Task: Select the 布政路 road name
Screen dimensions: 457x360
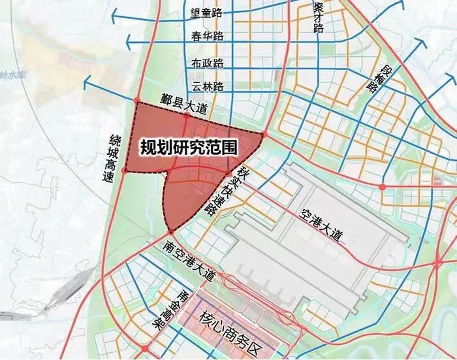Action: click(x=208, y=63)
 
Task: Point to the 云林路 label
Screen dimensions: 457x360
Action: click(x=208, y=86)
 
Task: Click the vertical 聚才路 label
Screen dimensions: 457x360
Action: click(x=319, y=18)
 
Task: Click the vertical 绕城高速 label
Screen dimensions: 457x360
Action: click(x=116, y=159)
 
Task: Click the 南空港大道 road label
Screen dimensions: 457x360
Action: click(x=190, y=260)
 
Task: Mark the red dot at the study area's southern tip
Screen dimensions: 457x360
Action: click(x=170, y=232)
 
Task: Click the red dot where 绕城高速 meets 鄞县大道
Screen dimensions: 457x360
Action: click(x=136, y=102)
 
